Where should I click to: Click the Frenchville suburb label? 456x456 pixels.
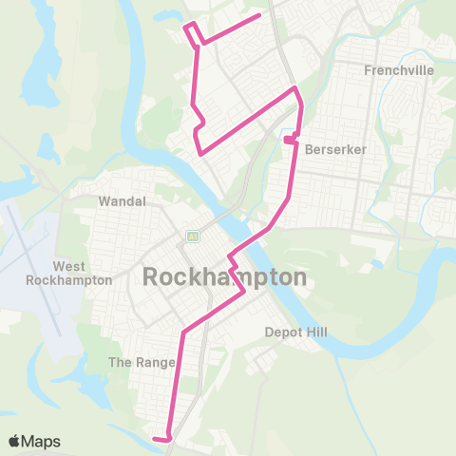[398, 70]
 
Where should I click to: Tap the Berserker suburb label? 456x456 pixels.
[336, 149]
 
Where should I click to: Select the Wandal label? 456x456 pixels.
[123, 201]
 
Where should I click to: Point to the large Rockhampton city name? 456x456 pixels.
[225, 277]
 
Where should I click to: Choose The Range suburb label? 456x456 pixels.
[136, 362]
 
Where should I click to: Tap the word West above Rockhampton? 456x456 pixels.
[69, 267]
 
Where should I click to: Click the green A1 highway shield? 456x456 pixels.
[192, 236]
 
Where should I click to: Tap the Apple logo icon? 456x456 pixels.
[14, 441]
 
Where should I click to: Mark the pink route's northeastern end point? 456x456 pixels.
[259, 16]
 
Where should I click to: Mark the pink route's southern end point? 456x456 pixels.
[154, 438]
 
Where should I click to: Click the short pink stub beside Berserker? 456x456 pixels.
[288, 142]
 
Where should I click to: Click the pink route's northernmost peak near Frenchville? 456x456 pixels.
[295, 89]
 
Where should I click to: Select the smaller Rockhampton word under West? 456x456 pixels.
[69, 280]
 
